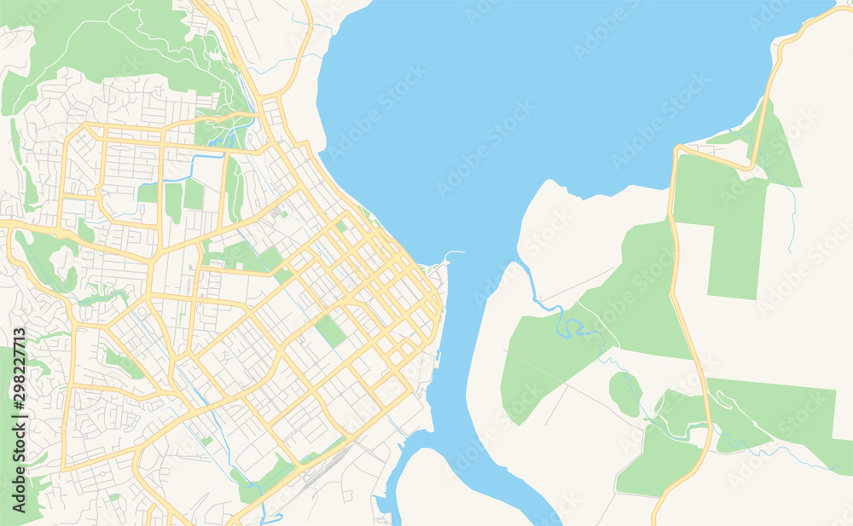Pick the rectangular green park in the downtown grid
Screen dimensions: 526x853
[330, 331]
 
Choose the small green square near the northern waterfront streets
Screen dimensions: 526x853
[341, 227]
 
